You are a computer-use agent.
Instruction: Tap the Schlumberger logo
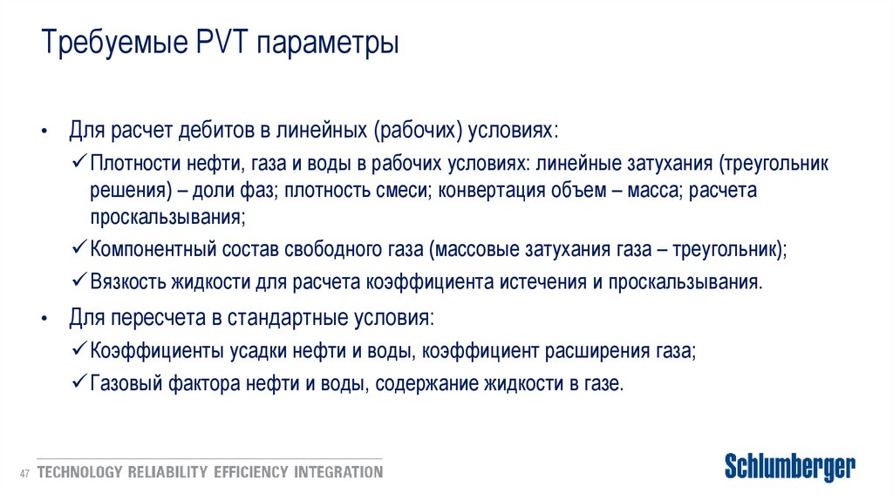pos(790,467)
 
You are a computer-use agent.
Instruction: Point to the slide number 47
pos(24,473)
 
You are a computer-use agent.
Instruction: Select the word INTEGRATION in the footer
pos(337,473)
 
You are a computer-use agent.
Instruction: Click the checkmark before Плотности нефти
pos(78,162)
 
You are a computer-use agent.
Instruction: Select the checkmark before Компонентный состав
pos(78,249)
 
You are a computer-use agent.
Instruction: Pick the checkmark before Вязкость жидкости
pos(78,281)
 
